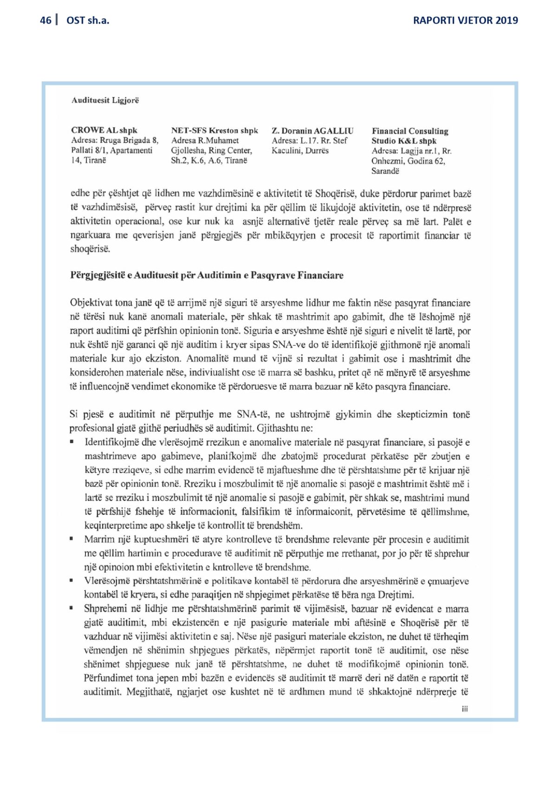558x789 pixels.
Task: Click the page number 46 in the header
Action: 45,20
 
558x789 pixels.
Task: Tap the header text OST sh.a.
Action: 88,20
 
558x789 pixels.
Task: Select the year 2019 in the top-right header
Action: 506,20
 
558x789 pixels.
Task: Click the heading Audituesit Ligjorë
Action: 105,100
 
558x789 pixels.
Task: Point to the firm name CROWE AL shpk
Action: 104,130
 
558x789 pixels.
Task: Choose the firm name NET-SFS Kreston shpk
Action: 214,130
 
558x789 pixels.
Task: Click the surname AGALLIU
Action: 333,131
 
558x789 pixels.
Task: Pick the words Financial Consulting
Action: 410,131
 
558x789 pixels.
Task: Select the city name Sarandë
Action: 385,171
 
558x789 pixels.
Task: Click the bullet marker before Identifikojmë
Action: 71,441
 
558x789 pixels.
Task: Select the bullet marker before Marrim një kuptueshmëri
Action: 71,539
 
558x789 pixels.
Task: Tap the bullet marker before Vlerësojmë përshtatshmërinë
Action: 71,580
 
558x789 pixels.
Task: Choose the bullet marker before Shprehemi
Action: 71,608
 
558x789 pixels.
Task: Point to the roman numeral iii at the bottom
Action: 465,709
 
